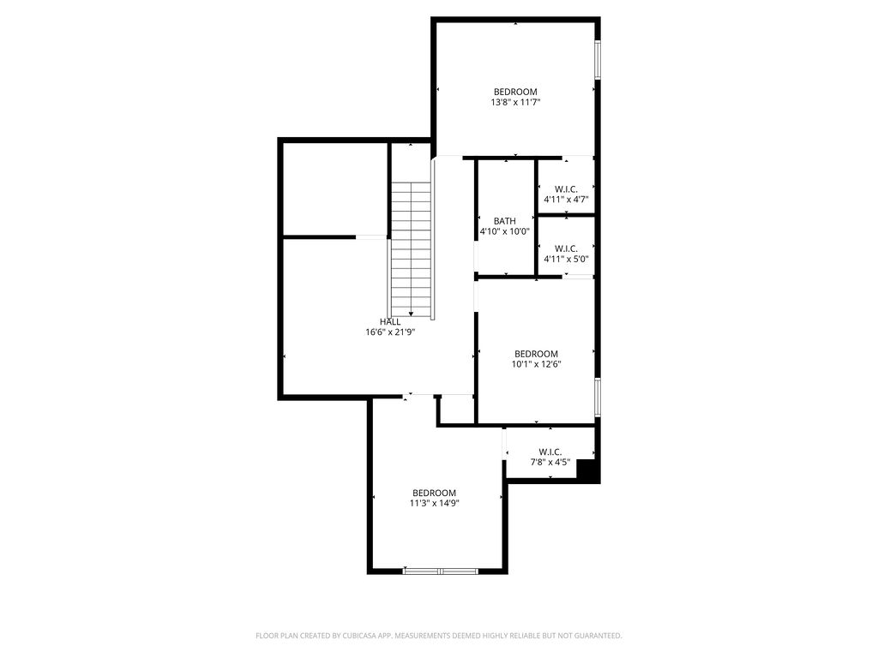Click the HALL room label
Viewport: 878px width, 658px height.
tap(390, 322)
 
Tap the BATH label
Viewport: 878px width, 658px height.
tap(504, 221)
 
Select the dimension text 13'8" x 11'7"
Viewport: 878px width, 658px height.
tap(515, 102)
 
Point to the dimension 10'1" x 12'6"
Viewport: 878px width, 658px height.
tap(536, 364)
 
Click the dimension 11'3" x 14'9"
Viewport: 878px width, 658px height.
tap(434, 503)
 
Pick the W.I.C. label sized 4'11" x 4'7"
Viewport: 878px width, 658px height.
tap(566, 189)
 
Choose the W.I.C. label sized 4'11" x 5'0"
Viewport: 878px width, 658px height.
tap(566, 248)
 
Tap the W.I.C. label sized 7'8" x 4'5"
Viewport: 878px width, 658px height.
tap(550, 452)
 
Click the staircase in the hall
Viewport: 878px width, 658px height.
tap(412, 248)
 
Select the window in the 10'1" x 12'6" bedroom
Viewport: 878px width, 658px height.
tap(598, 397)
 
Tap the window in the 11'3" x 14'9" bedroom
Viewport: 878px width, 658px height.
tap(441, 570)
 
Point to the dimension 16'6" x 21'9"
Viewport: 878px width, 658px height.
tap(390, 332)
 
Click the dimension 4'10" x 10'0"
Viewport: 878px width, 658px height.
tap(504, 231)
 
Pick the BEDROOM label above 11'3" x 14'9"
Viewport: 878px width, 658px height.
tap(434, 493)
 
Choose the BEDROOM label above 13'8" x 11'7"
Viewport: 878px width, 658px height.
tap(515, 92)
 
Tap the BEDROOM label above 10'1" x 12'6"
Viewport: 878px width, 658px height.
tap(536, 354)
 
